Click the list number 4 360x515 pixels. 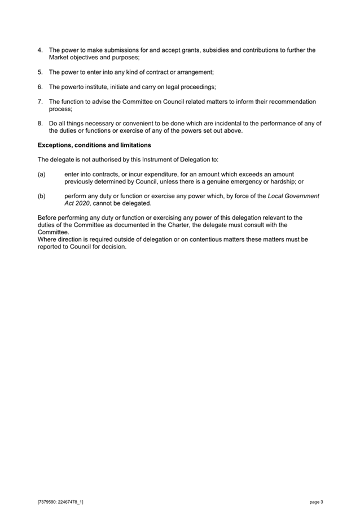39,50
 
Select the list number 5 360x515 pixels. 39,72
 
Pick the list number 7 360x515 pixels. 39,102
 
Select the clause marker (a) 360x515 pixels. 41,174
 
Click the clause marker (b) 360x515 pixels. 41,196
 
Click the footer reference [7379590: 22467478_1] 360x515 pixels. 60,501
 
